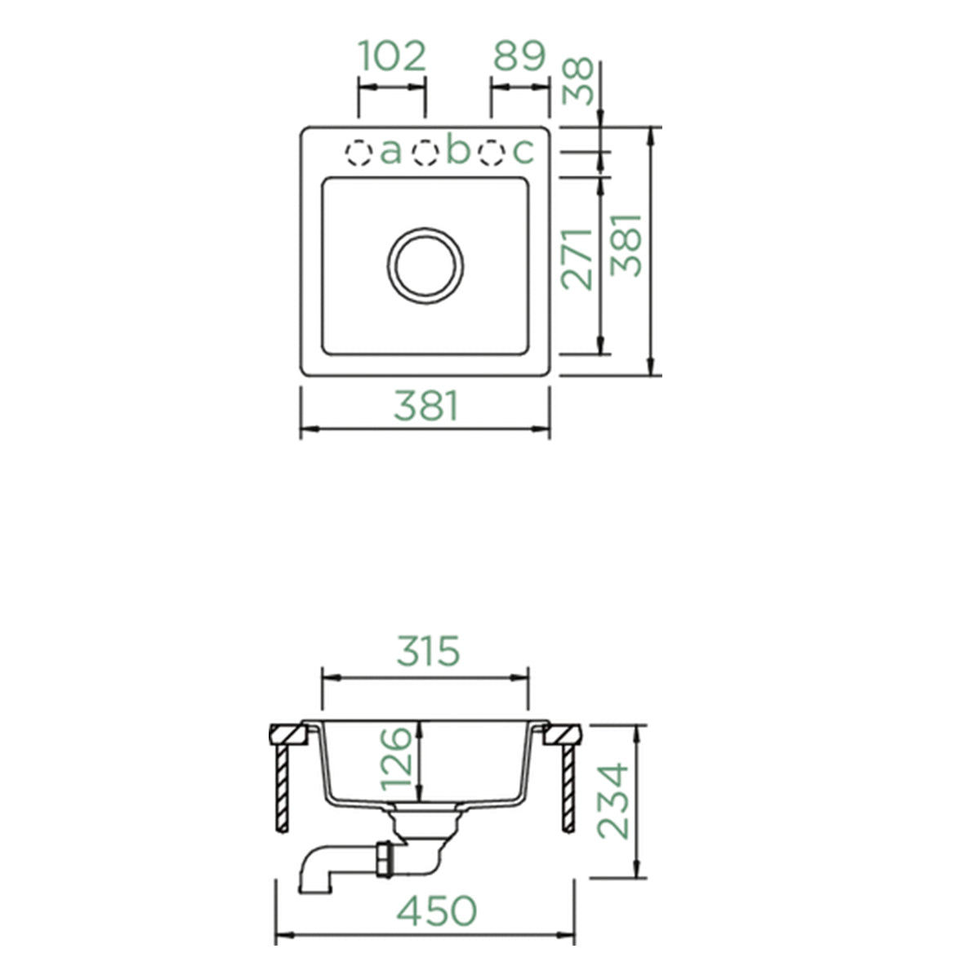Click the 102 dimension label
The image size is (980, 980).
coord(392,56)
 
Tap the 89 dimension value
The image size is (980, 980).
coord(519,56)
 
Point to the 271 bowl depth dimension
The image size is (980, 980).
coord(578,259)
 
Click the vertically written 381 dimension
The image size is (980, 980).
coord(628,245)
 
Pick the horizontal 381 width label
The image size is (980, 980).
coord(425,406)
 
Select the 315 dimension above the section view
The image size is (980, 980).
coord(428,652)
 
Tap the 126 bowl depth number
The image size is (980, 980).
coord(396,758)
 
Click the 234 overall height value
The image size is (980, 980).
coord(613,801)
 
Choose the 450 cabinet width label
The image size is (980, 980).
coord(436,911)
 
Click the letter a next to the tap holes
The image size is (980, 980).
coord(391,152)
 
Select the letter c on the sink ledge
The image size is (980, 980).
coord(522,152)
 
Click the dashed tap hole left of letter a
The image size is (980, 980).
coord(358,153)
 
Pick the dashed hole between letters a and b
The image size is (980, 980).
coord(425,153)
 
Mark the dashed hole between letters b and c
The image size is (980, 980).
coord(491,153)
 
